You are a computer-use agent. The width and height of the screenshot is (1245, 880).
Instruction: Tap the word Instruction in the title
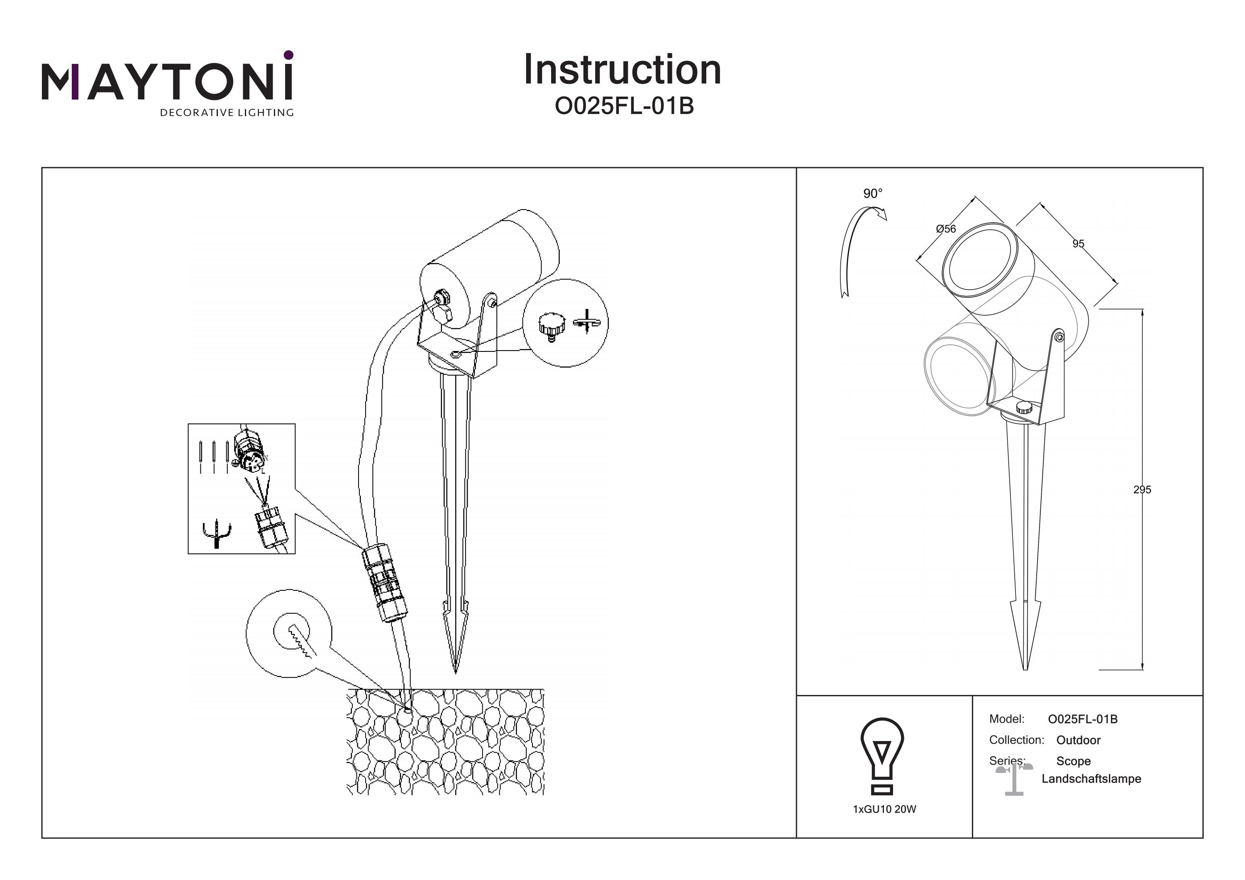(x=622, y=71)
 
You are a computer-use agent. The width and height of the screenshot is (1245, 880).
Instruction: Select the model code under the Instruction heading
(x=624, y=107)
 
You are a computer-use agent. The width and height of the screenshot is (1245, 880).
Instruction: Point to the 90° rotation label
(x=872, y=194)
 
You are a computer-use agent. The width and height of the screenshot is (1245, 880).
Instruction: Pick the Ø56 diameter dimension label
(x=946, y=229)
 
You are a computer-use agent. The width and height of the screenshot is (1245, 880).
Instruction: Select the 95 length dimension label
(x=1078, y=244)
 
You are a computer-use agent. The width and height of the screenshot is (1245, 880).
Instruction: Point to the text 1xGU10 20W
(x=884, y=809)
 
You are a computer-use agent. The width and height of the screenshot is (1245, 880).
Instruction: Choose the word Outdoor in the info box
(x=1078, y=740)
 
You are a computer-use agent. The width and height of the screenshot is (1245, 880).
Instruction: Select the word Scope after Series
(x=1073, y=761)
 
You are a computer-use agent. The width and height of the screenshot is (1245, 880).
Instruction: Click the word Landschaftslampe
(x=1091, y=779)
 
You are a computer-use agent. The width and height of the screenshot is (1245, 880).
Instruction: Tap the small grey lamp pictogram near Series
(x=1013, y=780)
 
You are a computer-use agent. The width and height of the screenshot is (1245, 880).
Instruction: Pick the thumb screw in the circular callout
(x=552, y=326)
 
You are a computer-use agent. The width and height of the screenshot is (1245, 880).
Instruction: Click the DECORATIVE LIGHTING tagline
(x=226, y=113)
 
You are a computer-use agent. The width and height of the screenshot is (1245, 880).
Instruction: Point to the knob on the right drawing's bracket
(x=1024, y=408)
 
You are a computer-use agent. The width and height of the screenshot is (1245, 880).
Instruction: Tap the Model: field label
(x=1006, y=719)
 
